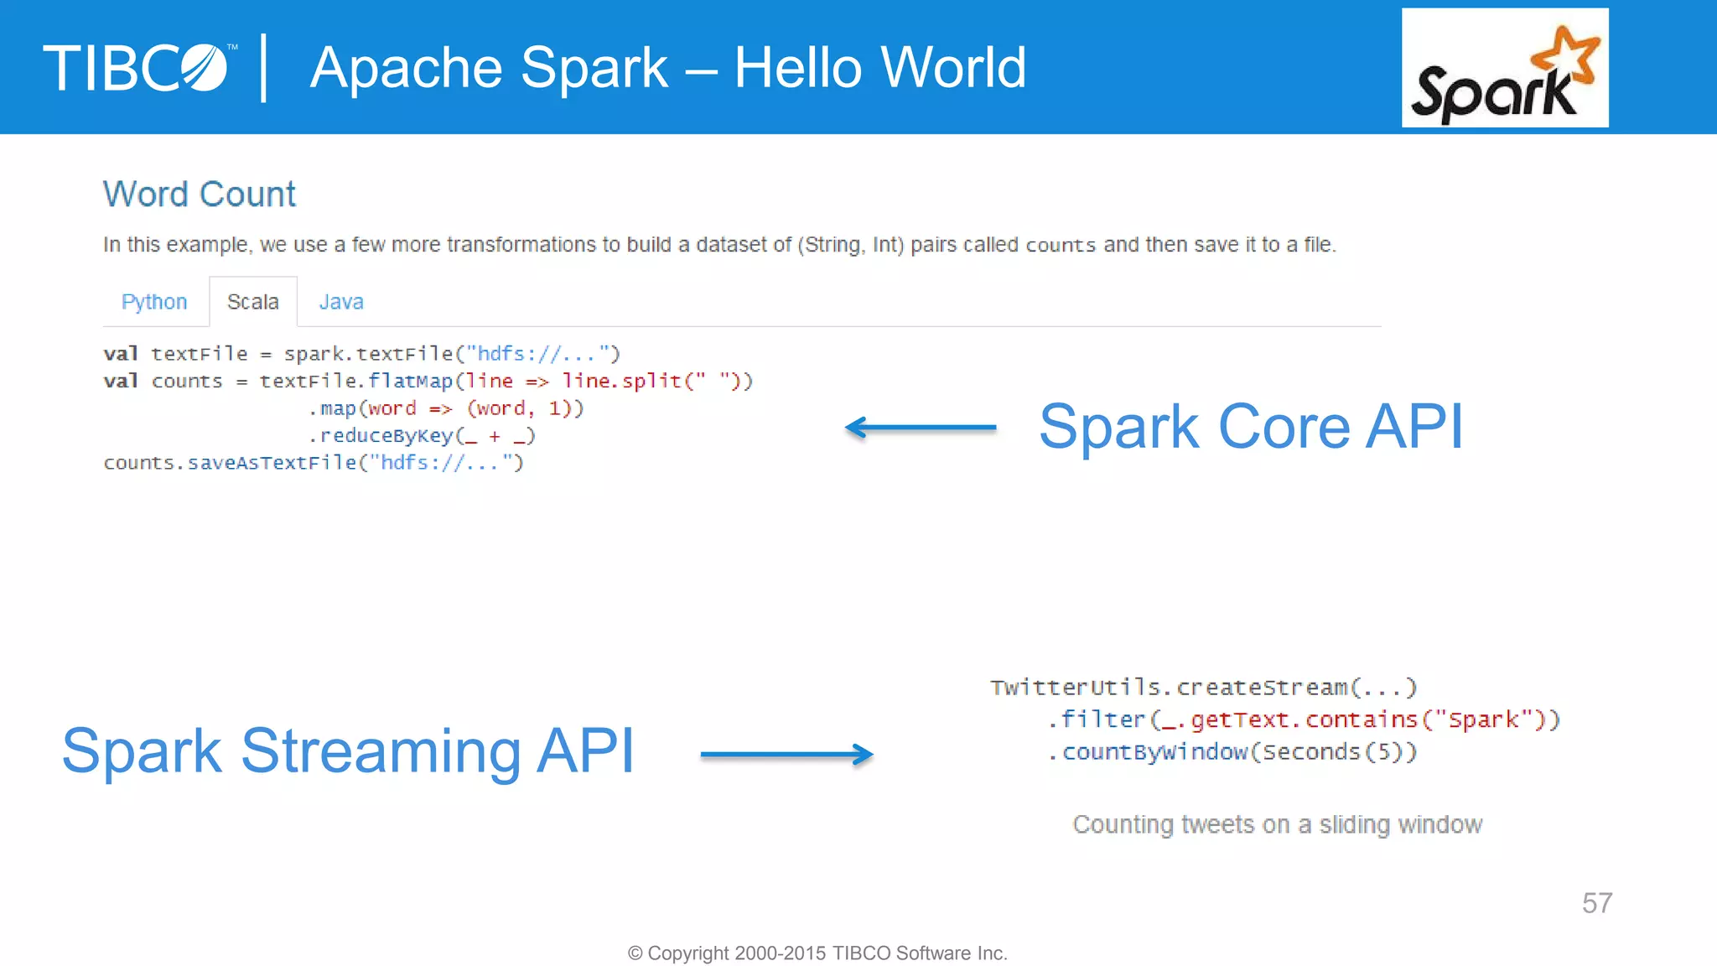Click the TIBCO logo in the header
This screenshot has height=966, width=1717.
pos(138,68)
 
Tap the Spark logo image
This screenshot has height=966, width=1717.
pos(1504,68)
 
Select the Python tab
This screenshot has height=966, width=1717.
pos(154,302)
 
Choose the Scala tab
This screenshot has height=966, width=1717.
pos(252,302)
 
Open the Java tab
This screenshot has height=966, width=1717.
pos(341,302)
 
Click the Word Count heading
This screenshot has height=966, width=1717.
pos(200,195)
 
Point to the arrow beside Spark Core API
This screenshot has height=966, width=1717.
pos(921,428)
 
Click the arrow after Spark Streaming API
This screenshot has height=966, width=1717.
pos(786,755)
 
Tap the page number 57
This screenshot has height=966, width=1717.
pos(1596,903)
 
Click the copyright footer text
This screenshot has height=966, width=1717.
pos(817,953)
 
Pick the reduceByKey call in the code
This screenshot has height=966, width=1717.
pos(386,436)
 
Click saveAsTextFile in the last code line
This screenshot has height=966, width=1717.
pos(272,463)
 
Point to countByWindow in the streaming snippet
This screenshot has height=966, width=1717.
pos(1154,752)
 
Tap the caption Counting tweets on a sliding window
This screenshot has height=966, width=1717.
pos(1277,825)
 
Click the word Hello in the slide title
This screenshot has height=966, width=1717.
pos(793,68)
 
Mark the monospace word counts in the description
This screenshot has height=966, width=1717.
pos(1061,246)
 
